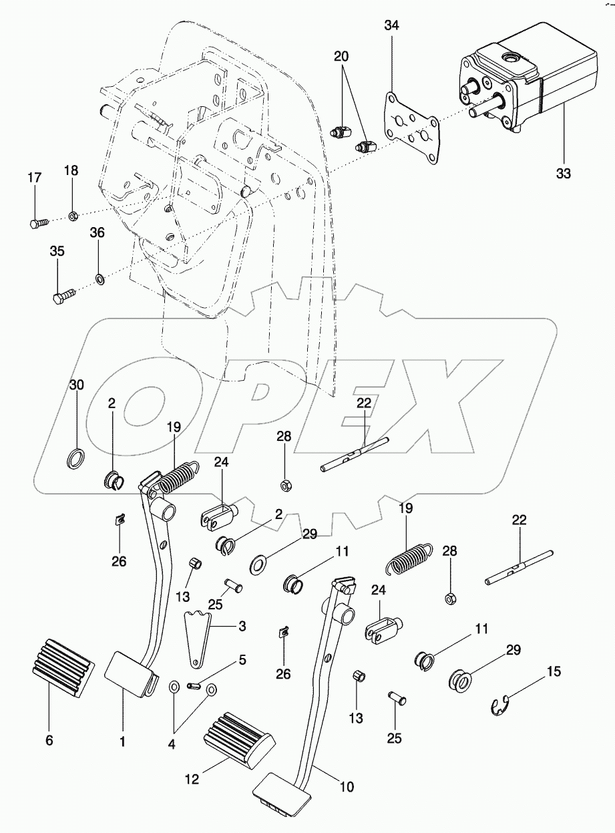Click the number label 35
[x=57, y=251]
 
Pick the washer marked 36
[x=98, y=277]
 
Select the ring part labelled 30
[x=77, y=459]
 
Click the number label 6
[x=49, y=740]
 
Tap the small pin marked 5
[x=195, y=684]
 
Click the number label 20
[x=341, y=57]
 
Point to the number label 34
[x=392, y=26]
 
